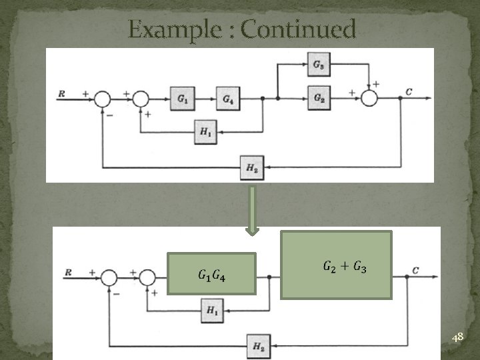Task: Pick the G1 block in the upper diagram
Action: (x=182, y=98)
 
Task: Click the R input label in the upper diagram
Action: (x=62, y=94)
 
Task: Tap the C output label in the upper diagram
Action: (x=407, y=92)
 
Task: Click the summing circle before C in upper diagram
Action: (x=369, y=98)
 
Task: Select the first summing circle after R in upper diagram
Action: (x=102, y=98)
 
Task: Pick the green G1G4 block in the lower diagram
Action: (x=212, y=273)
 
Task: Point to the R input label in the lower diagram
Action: (x=69, y=272)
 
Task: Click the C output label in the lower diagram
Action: (x=415, y=271)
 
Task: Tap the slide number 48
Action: (x=457, y=339)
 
